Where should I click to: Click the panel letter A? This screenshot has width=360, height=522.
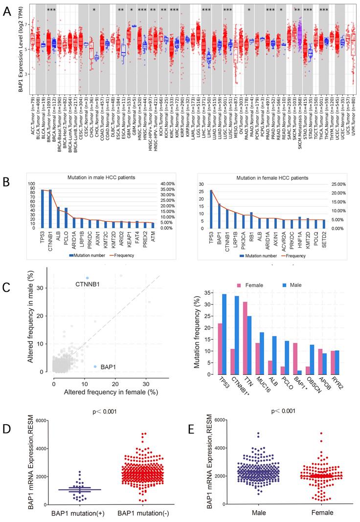coord(7,10)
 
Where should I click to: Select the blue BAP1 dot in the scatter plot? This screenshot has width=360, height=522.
coord(95,367)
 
